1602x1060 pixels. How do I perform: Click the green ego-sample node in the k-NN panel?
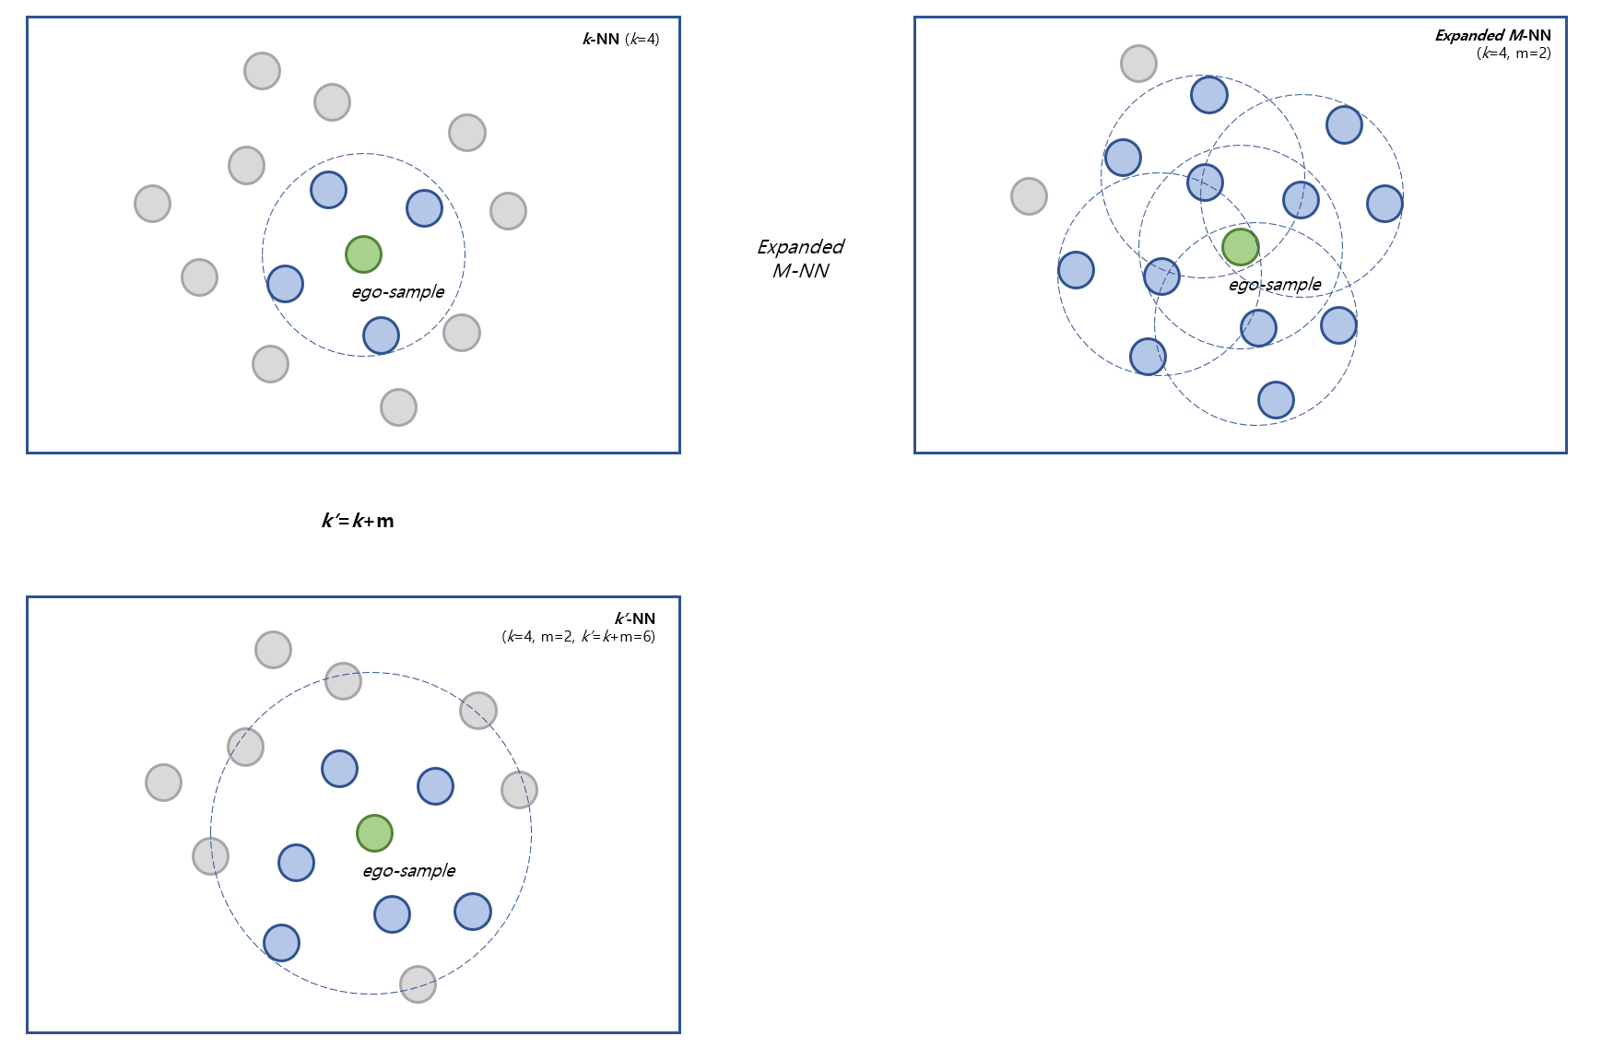tap(363, 254)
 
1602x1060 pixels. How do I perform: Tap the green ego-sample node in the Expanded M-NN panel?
tap(1240, 247)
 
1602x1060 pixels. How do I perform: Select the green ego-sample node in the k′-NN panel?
tap(374, 833)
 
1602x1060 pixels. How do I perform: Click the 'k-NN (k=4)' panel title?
tap(620, 39)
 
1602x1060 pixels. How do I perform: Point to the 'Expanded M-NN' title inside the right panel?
tap(1492, 35)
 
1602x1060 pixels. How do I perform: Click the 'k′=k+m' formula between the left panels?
tap(358, 521)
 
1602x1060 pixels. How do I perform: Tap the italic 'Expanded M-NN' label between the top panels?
tap(800, 259)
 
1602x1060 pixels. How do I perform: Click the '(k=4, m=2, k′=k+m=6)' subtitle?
tap(578, 636)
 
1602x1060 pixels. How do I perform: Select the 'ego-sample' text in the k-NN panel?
tap(397, 292)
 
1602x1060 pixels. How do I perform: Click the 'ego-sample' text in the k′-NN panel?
tap(408, 871)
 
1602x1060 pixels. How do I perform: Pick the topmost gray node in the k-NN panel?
tap(262, 71)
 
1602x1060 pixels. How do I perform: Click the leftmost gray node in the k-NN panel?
tap(152, 204)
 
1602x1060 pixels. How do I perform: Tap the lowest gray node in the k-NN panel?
tap(398, 407)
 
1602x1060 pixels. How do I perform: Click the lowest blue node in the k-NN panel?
tap(381, 336)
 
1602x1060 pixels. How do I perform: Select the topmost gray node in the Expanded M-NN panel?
tap(1138, 64)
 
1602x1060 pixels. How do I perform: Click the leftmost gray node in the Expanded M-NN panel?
tap(1029, 196)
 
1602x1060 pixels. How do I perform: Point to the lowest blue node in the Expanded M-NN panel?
tap(1276, 400)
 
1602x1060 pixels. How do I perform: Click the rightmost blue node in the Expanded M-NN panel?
tap(1384, 204)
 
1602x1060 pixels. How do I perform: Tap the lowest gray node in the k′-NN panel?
tap(418, 984)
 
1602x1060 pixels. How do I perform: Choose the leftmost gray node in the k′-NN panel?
tap(163, 783)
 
